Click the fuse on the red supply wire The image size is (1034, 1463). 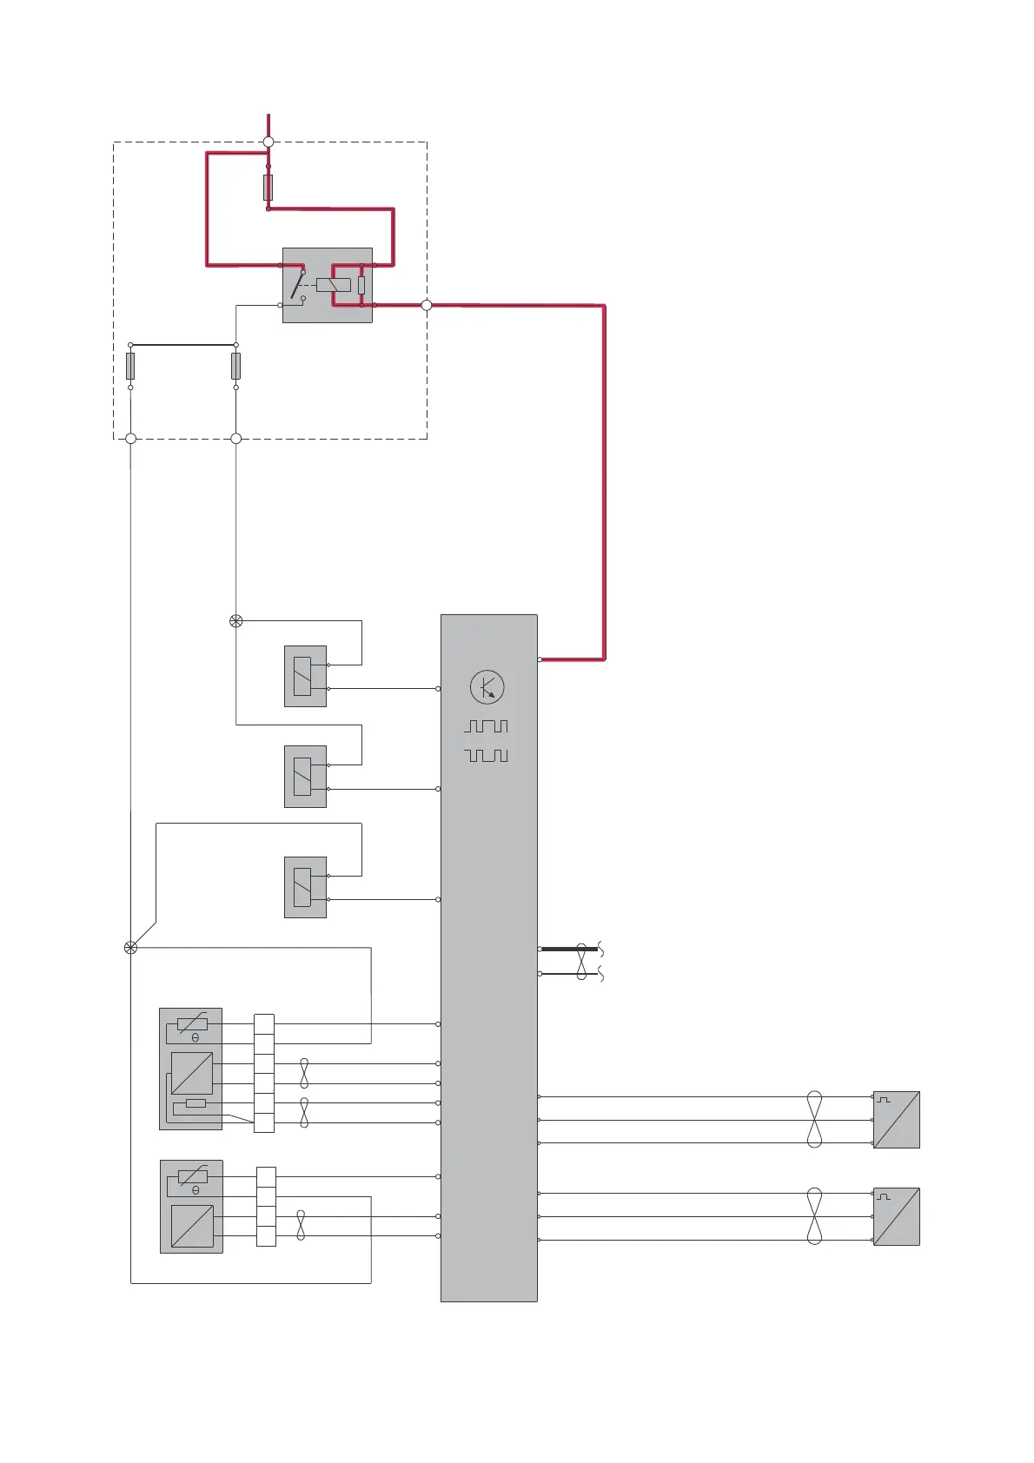coord(268,187)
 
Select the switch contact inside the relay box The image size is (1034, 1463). coord(298,285)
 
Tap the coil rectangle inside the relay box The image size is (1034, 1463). coord(333,285)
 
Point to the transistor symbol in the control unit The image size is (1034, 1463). coord(487,687)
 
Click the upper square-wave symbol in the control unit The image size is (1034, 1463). coord(487,725)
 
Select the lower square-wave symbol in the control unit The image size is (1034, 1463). coord(487,755)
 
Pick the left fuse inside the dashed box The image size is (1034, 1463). coord(130,366)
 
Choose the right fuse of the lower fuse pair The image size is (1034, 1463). coord(235,366)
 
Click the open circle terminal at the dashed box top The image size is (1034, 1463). coord(268,142)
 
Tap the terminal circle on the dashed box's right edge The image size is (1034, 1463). coord(427,305)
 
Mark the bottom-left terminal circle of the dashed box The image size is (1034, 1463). coord(131,439)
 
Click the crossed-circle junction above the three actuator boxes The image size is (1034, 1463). coord(235,621)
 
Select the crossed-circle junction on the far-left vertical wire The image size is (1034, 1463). coord(131,948)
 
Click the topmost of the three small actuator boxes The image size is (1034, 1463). coord(305,676)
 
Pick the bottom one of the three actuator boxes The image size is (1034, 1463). coord(305,887)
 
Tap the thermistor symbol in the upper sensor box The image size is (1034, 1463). coord(192,1024)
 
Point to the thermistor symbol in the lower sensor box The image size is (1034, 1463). coord(192,1177)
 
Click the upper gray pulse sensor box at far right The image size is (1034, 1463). coord(896,1120)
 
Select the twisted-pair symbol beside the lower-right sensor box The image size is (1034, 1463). coord(814,1216)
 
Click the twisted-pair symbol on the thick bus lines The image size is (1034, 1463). coord(581,961)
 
